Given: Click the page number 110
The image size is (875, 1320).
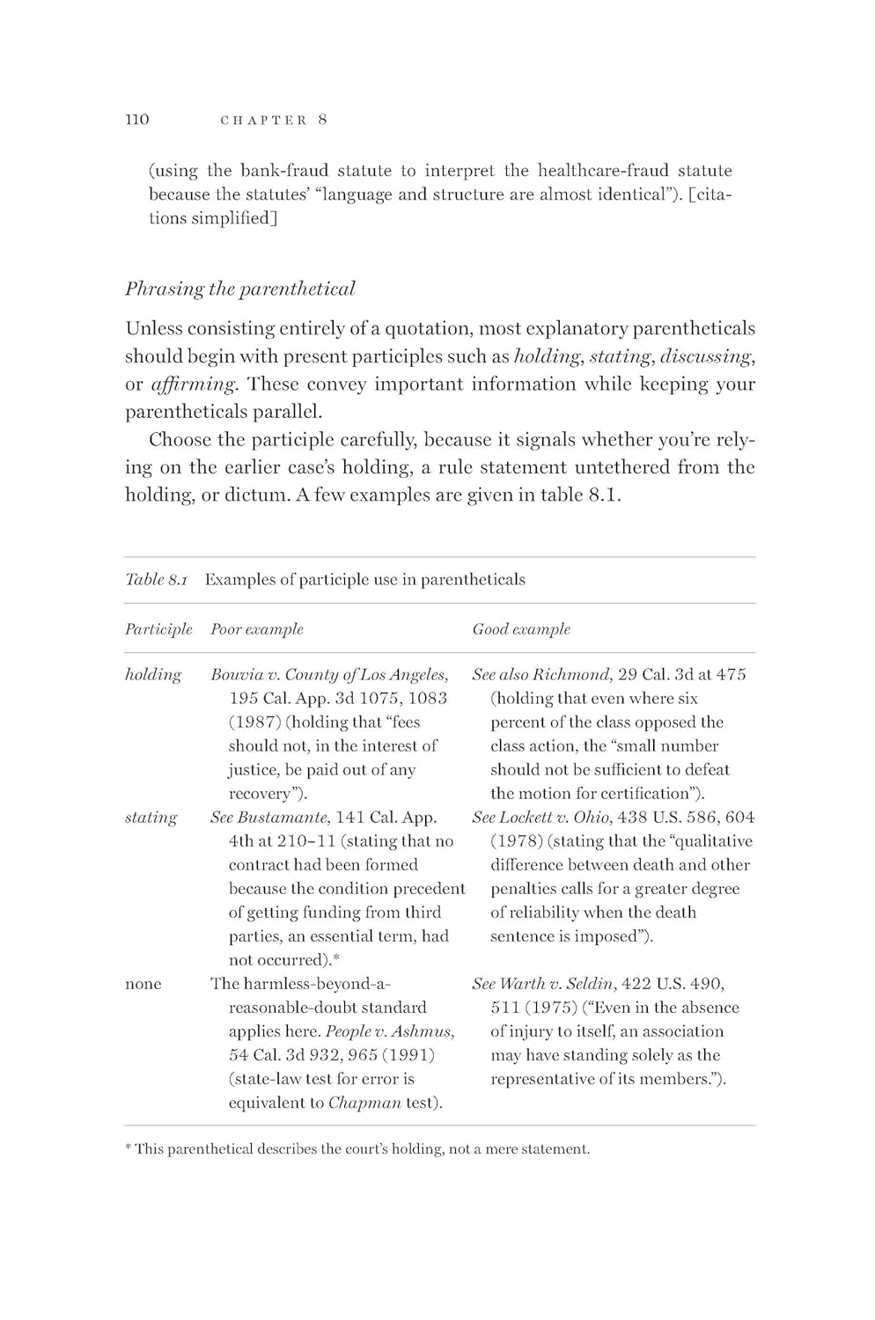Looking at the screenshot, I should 137,120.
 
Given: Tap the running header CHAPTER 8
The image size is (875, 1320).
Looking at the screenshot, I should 273,121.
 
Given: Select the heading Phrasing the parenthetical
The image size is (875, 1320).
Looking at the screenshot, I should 239,289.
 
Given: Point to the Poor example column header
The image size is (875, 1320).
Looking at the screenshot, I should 256,629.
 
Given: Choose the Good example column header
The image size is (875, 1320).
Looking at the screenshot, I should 521,629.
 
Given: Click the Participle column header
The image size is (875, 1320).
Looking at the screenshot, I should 158,629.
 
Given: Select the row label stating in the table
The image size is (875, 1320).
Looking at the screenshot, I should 151,818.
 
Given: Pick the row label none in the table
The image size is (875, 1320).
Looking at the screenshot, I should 143,984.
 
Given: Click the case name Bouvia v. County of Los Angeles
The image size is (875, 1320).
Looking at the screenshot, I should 329,675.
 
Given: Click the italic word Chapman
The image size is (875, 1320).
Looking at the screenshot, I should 364,1103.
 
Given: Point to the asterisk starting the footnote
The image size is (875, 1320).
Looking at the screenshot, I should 129,1148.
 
